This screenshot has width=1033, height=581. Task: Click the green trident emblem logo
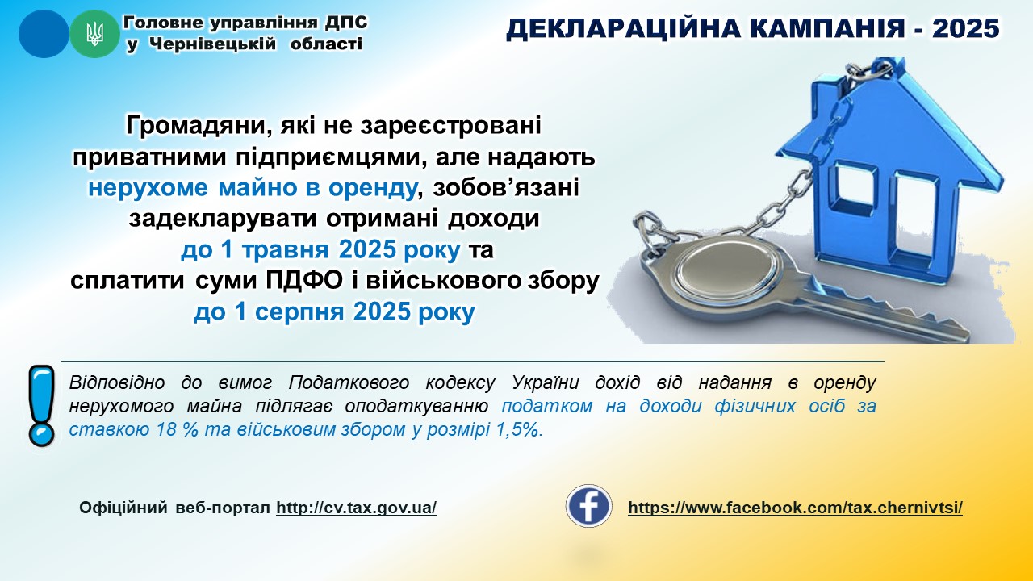[x=94, y=34]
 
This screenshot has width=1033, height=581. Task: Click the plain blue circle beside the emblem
[x=44, y=34]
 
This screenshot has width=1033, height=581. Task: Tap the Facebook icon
[x=589, y=506]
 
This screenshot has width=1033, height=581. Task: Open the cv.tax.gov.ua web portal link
[x=356, y=508]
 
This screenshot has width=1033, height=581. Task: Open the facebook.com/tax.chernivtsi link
[x=795, y=508]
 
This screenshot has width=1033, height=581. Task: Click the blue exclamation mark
[x=41, y=406]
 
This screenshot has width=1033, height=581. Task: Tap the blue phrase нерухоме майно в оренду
[x=253, y=188]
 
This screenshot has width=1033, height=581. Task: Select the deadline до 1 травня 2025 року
[x=320, y=250]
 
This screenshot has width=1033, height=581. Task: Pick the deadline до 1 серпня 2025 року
[x=334, y=312]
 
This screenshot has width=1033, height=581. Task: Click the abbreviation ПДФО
[x=304, y=280]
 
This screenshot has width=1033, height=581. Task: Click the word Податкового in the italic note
[x=349, y=383]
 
